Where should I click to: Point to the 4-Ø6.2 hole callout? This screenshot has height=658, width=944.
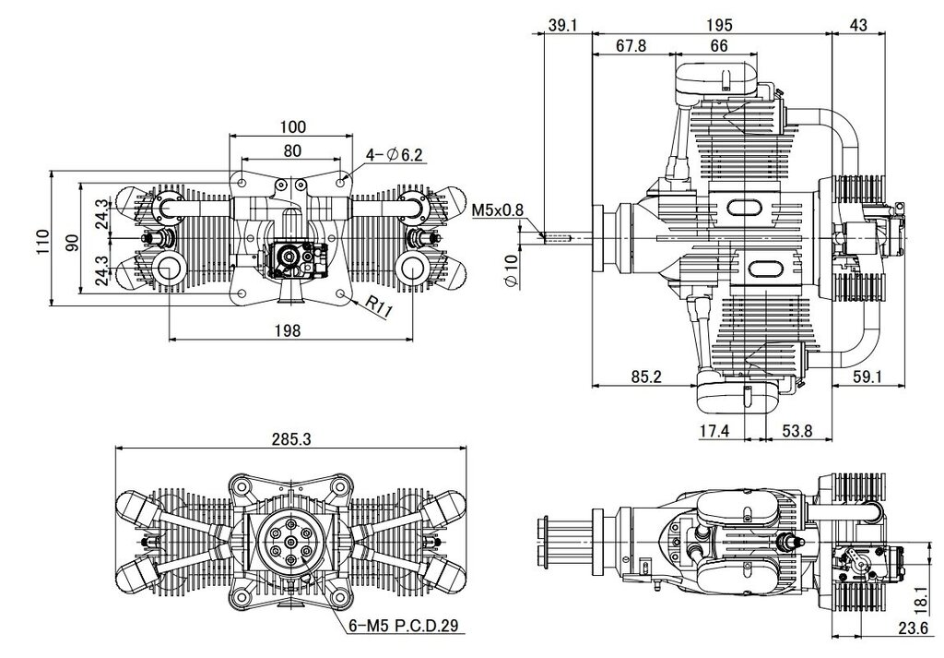tap(395, 155)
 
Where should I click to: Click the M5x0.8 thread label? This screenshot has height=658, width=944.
tap(498, 211)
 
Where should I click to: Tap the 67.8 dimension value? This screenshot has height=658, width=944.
tap(631, 46)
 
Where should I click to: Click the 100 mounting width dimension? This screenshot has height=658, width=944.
tap(292, 126)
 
